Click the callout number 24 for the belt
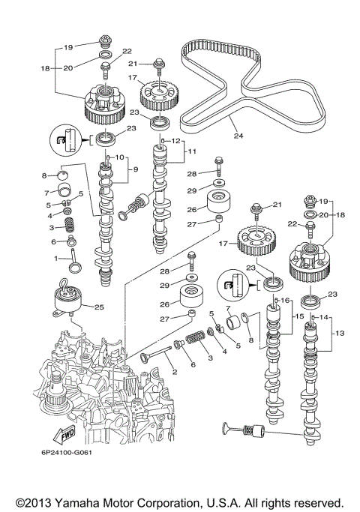coord(238,136)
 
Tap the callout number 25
coord(97,306)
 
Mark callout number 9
coord(135,169)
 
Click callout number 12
coord(176,140)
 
